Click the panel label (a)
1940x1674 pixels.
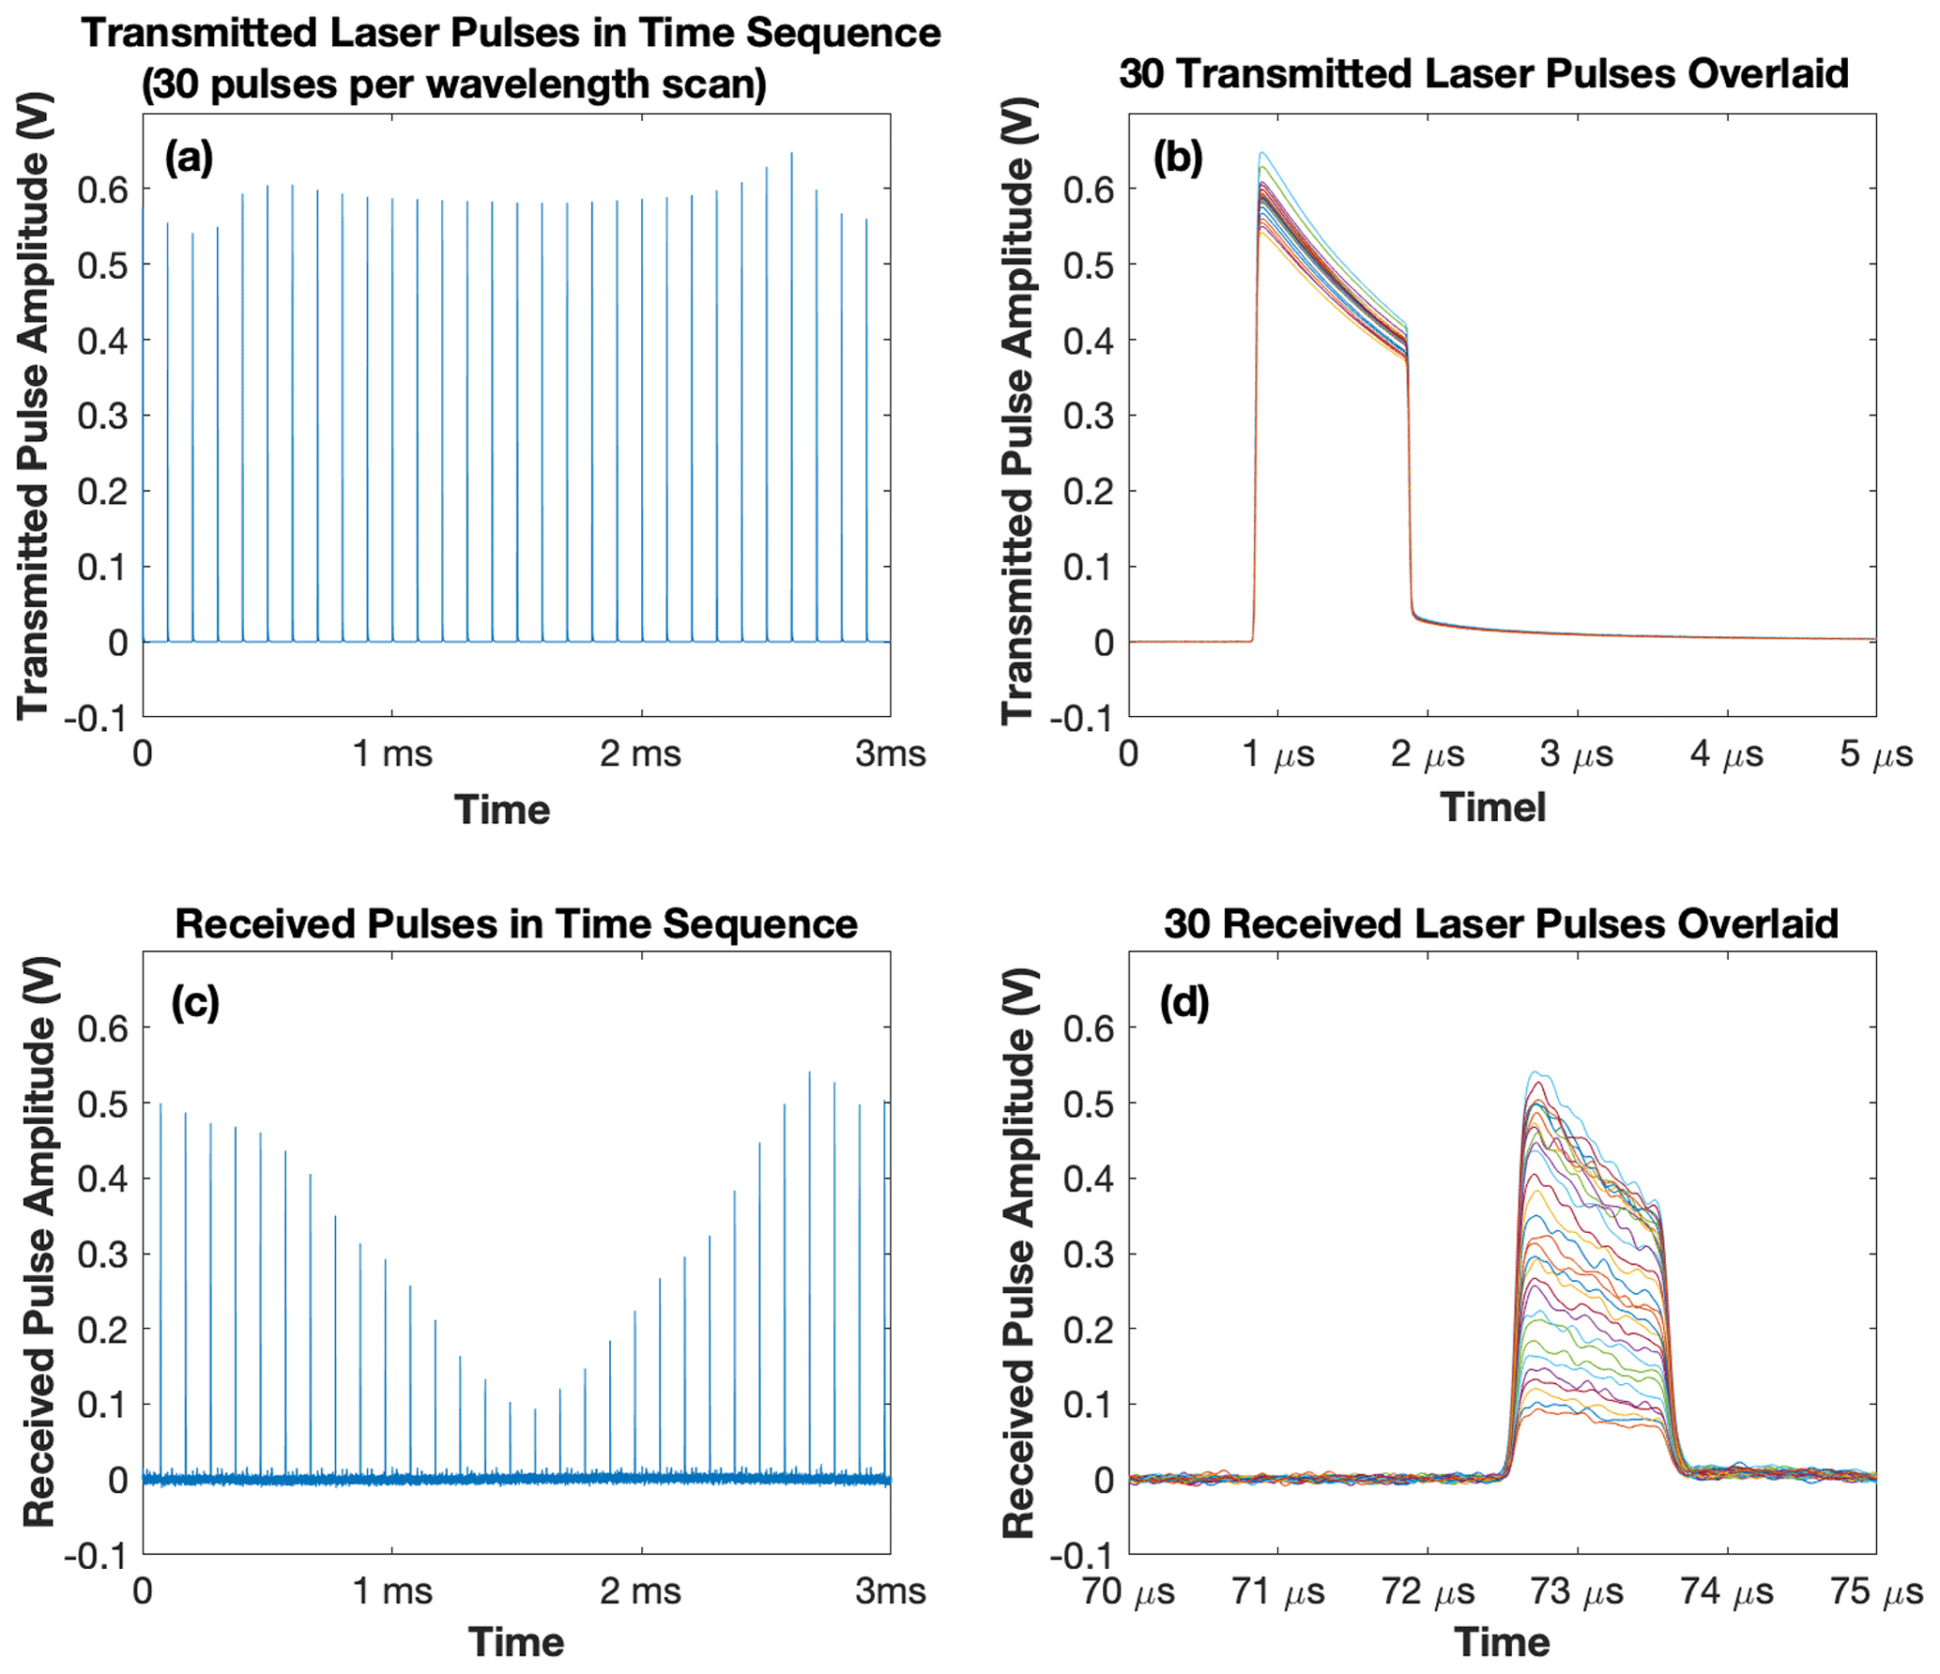tap(189, 157)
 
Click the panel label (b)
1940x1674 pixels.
tap(1177, 157)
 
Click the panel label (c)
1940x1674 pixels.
tap(195, 1002)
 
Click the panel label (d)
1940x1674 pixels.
tap(1184, 1002)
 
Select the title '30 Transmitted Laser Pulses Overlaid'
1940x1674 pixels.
tap(1483, 73)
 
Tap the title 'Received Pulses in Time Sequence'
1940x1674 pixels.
tap(515, 923)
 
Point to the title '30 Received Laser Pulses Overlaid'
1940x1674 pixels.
tap(1500, 923)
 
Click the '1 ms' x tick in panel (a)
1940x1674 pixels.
tap(392, 753)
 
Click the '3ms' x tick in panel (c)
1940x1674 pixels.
tap(890, 1591)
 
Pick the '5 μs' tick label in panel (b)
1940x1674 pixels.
tap(1875, 753)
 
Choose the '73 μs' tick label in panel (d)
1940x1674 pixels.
tap(1577, 1591)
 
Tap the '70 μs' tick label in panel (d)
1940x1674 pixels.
tap(1128, 1591)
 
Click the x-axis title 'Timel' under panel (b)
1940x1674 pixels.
tap(1492, 807)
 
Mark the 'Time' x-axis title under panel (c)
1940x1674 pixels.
tap(515, 1643)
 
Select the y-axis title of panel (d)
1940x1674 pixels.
tap(1019, 1253)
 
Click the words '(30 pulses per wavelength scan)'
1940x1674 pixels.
tap(453, 84)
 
